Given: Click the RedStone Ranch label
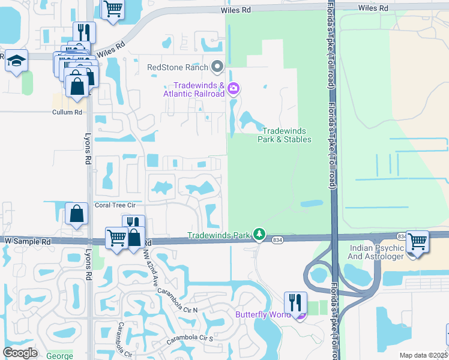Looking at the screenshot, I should tap(178, 67).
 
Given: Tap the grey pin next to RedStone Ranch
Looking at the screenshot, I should tap(217, 67).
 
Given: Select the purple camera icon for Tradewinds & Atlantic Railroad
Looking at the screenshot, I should tap(233, 89).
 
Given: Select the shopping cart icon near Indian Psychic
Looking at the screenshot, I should tap(417, 242).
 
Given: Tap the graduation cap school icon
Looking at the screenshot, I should tap(17, 61).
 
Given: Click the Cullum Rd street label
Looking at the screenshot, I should tap(67, 112).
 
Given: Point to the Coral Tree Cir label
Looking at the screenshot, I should tap(116, 205).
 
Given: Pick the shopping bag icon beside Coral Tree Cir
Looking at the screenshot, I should tap(77, 213).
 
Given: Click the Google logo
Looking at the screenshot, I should tap(20, 353).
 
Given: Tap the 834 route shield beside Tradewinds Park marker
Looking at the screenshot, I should tap(277, 239).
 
